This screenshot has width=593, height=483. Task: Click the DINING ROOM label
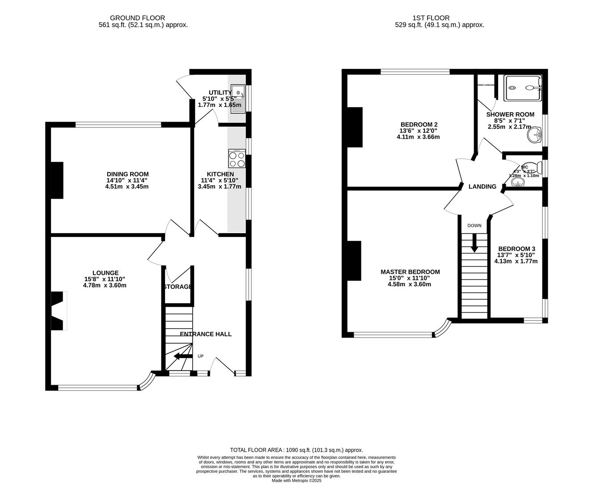[x=127, y=174]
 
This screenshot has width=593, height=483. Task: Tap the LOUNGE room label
[x=106, y=273]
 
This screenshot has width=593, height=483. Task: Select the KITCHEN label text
[x=220, y=174]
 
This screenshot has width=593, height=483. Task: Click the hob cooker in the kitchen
[x=237, y=159]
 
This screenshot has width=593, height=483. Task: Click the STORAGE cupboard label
[x=178, y=287]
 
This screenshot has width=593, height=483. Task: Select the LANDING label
[x=482, y=186]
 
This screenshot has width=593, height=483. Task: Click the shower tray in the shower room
[x=522, y=88]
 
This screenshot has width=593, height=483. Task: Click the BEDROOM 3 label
[x=517, y=249]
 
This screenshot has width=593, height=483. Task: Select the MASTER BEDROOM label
[x=410, y=272]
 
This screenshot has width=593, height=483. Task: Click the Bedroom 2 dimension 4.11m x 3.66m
[x=418, y=137]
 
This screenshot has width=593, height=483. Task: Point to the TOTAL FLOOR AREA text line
[x=296, y=450]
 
